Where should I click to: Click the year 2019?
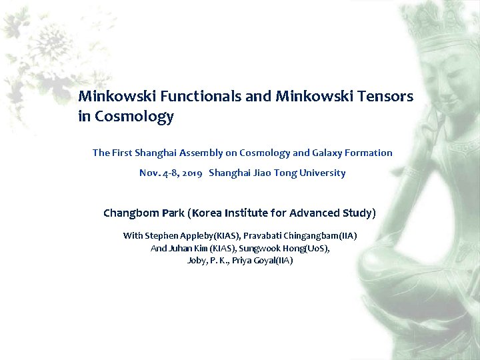(x=191, y=173)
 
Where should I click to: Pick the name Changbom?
(x=131, y=213)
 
